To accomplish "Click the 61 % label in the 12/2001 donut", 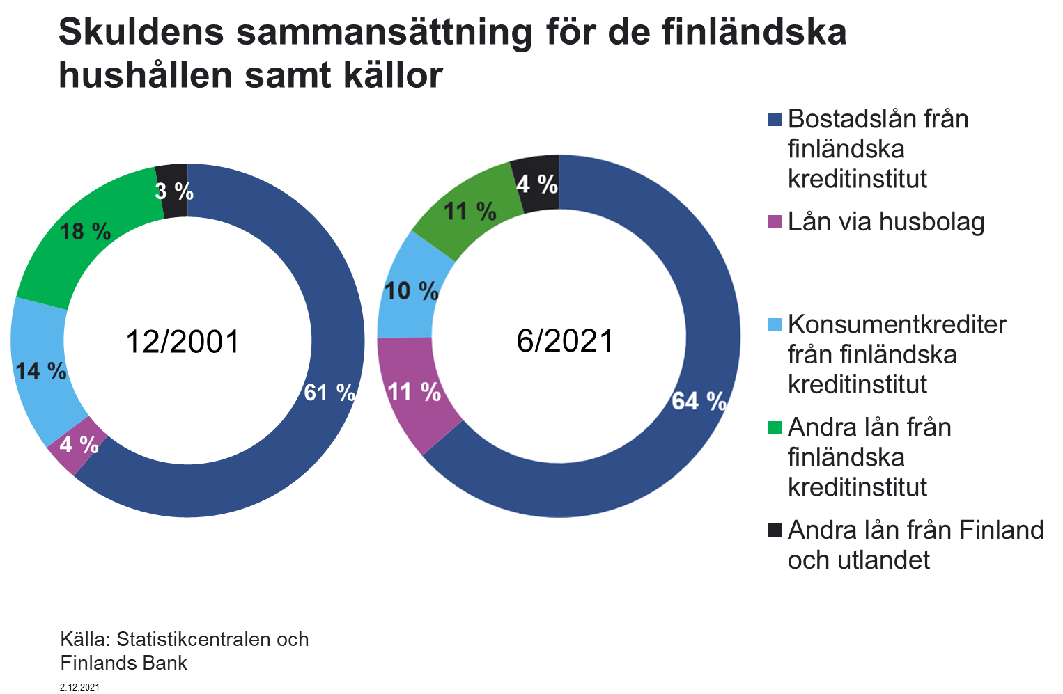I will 329,393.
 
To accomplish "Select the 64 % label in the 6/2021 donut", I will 699,401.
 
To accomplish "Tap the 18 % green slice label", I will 85,231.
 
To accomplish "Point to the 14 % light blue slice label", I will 41,370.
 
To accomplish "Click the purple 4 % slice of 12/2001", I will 79,444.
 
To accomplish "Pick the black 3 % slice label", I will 173,191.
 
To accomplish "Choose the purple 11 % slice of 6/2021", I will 414,392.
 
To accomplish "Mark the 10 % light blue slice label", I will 411,290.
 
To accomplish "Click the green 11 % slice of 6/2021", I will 470,210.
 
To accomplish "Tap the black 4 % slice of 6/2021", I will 536,184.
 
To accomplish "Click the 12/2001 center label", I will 183,342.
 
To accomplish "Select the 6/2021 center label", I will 565,341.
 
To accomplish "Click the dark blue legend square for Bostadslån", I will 775,120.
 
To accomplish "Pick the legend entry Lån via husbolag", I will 885,222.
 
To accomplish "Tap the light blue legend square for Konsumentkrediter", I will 775,325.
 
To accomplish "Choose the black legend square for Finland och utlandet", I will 775,530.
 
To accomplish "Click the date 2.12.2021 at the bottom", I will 80,687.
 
